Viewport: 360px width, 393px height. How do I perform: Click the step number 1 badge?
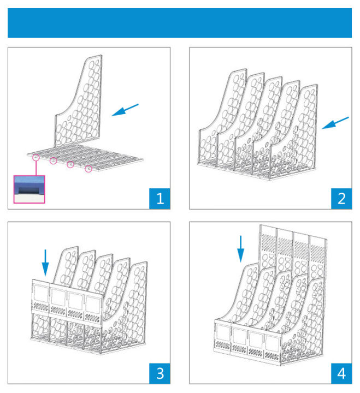point(160,198)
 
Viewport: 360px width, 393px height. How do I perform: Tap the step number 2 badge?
point(341,198)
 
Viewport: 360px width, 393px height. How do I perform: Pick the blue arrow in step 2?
point(335,123)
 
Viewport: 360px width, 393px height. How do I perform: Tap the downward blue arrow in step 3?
point(45,262)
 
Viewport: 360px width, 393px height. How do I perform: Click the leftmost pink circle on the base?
point(36,158)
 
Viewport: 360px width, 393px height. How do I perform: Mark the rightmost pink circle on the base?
point(88,169)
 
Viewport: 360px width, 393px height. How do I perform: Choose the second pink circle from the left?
point(54,161)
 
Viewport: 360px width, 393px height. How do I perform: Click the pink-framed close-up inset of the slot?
point(29,189)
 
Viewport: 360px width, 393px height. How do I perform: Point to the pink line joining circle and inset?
point(36,168)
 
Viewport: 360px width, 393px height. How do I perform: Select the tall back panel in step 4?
point(295,246)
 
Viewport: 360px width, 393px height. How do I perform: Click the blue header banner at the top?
point(180,23)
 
